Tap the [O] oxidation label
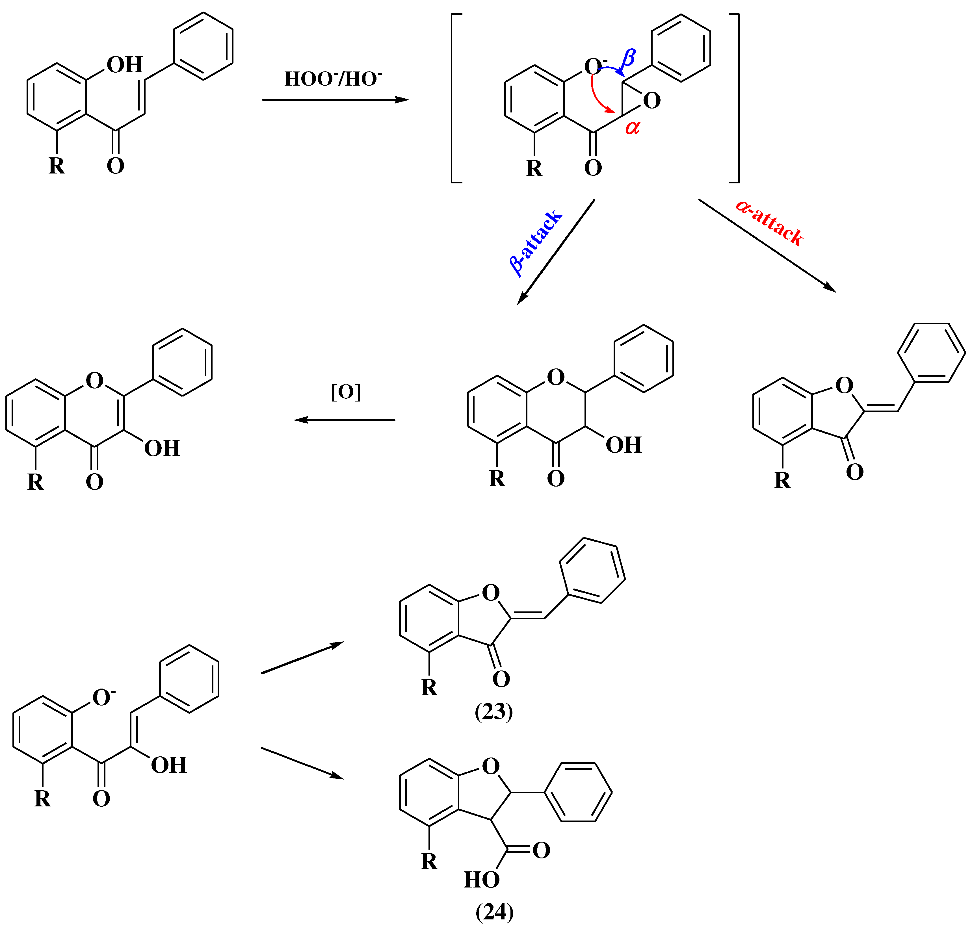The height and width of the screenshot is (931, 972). tap(346, 392)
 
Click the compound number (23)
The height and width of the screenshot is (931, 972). tap(493, 712)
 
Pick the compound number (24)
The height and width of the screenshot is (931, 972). tap(494, 912)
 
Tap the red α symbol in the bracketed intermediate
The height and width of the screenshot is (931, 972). tap(632, 127)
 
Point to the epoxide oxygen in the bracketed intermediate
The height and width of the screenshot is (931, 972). tap(652, 101)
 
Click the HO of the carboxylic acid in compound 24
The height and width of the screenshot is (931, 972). tap(481, 880)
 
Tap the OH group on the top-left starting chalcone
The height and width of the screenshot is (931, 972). tap(124, 64)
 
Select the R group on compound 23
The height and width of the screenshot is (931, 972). tap(429, 688)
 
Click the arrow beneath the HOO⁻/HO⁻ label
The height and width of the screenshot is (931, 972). tap(335, 100)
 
